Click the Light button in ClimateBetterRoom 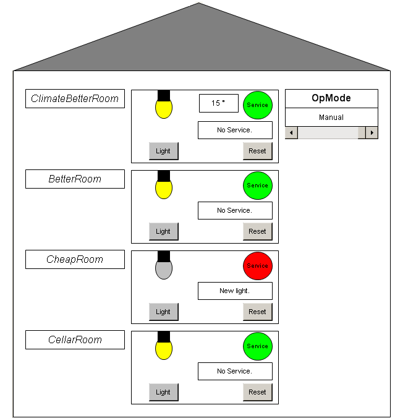163,151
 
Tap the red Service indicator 257,266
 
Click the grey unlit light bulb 163,269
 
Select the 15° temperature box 218,103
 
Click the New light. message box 235,291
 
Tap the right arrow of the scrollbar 372,132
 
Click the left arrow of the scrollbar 291,132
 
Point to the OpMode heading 331,98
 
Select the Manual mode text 331,117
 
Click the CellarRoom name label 75,339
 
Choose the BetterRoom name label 75,179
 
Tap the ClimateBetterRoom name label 75,98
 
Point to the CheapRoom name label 75,259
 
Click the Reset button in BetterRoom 257,231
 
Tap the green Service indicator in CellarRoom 257,346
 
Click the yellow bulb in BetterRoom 163,189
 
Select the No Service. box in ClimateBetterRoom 235,130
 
